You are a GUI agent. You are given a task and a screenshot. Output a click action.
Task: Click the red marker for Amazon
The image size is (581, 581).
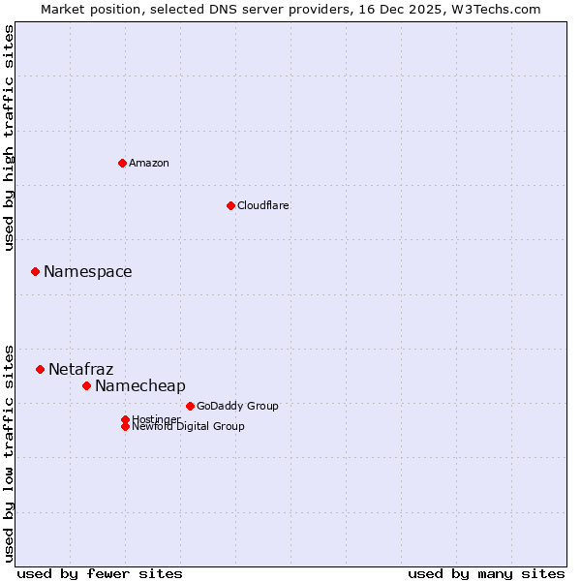pos(122,163)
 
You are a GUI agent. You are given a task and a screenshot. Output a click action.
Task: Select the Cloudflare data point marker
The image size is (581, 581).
pos(230,205)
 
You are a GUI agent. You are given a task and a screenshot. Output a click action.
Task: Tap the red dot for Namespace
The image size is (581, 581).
pos(35,271)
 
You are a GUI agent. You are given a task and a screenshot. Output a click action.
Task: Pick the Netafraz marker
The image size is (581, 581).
pos(40,369)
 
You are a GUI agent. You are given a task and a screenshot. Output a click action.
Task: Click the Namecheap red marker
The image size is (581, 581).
pos(86,385)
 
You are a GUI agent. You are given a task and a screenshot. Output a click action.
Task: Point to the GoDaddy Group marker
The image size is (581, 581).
pos(190,406)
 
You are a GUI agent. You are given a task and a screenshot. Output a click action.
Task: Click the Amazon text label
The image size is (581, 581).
pos(149,163)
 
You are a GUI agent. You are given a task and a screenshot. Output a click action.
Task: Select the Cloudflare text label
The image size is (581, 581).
pos(263,205)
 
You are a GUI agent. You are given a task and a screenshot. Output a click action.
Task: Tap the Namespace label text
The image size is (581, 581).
pos(88,272)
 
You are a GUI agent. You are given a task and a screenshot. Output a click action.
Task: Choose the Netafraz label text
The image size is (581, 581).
pos(81,370)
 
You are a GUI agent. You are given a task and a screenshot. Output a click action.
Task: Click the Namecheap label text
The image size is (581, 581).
pos(140,386)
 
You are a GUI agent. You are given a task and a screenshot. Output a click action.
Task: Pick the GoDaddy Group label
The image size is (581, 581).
pos(237,406)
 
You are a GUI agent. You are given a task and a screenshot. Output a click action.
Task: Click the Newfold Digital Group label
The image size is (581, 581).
pos(189,427)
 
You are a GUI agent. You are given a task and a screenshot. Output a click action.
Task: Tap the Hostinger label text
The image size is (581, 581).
pos(155,418)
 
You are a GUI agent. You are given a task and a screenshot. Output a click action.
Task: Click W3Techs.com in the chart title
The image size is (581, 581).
pos(492,9)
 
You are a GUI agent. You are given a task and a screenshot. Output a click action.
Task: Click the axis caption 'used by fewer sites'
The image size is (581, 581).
pos(100,573)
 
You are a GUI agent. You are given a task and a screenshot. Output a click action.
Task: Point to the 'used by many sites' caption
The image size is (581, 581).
pos(486,573)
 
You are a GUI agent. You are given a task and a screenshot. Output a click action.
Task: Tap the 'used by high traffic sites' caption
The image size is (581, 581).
pos(10,138)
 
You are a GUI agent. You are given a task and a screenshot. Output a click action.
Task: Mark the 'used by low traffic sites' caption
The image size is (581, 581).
pos(10,452)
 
